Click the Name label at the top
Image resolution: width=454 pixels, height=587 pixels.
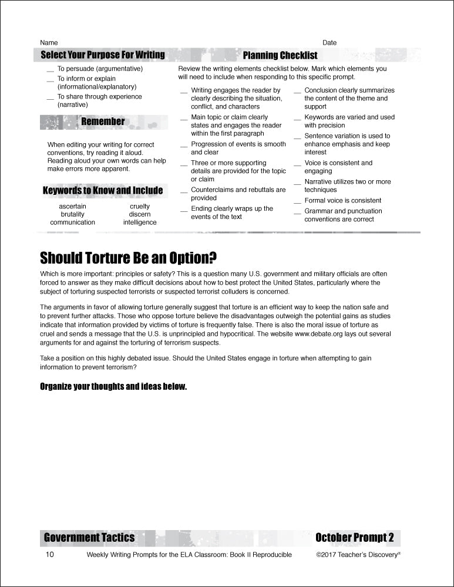[49, 43]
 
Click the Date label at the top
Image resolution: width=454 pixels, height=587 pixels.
[329, 43]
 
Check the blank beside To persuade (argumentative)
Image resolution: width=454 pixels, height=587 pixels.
[49, 70]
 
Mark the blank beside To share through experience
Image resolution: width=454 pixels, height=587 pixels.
[49, 99]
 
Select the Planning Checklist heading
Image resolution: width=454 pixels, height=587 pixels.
[280, 56]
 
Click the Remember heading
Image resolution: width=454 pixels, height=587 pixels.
[103, 122]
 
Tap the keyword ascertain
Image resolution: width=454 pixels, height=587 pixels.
[72, 207]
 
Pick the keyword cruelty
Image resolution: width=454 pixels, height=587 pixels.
[140, 207]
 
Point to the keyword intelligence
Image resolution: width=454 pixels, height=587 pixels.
[140, 222]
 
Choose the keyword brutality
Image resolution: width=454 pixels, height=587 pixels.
[72, 215]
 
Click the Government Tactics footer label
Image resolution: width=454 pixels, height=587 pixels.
[89, 538]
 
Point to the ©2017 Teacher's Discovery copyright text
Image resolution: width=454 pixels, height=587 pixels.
[358, 555]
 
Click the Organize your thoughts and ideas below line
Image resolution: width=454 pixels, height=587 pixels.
[113, 386]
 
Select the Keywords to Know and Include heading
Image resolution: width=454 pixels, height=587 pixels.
[103, 191]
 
